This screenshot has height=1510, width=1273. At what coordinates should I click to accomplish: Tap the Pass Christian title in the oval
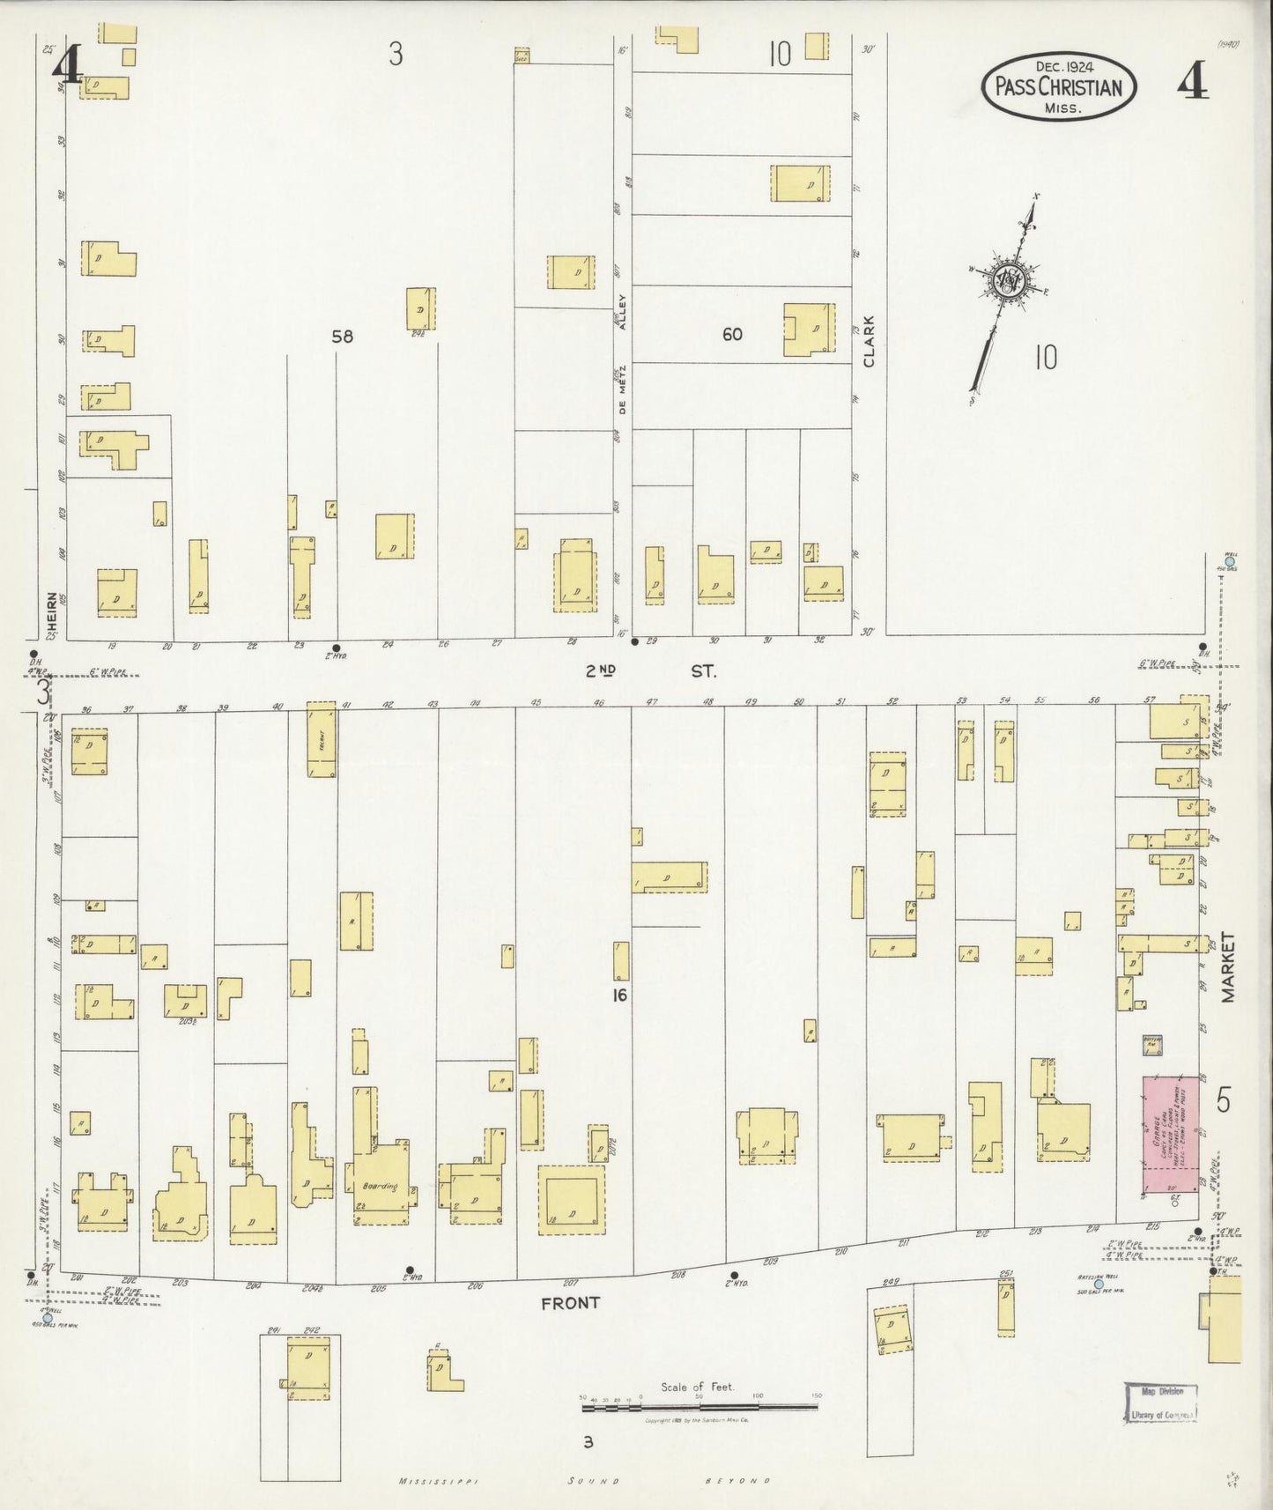pos(1058,87)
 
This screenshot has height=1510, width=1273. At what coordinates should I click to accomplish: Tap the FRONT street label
pos(570,1302)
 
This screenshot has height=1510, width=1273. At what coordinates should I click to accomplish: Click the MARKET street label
pos(1228,966)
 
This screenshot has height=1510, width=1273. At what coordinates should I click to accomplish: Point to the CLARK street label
pos(870,342)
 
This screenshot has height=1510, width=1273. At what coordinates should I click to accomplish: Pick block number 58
pos(342,337)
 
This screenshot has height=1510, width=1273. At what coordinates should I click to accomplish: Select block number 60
pos(732,335)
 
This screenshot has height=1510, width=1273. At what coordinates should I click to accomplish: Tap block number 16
pos(619,996)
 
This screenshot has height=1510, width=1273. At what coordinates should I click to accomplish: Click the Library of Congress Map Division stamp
pos(1163,1403)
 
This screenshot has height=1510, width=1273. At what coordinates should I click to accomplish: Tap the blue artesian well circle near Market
pos(1098,1284)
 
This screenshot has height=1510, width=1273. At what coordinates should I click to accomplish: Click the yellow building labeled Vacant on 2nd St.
pos(321,739)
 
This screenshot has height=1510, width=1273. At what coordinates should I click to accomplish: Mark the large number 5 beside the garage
pos(1223,1100)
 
